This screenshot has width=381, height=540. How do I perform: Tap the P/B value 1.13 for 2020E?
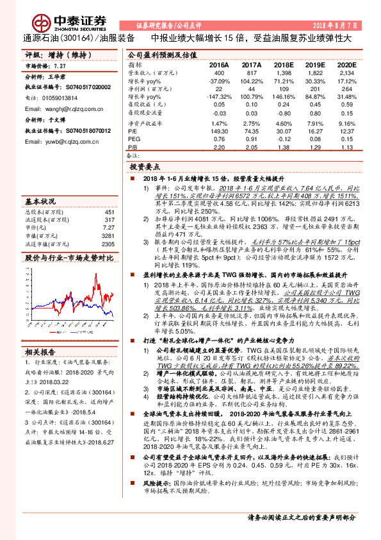point(347,146)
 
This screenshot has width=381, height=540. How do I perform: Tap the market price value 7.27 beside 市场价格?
point(60,65)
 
